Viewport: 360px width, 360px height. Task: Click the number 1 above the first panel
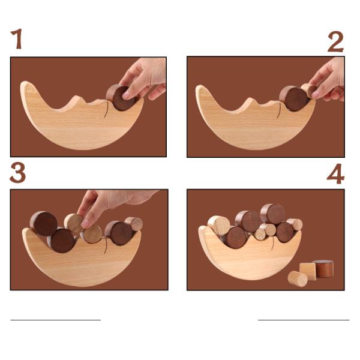(x=17, y=40)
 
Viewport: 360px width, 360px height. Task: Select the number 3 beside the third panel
(x=18, y=173)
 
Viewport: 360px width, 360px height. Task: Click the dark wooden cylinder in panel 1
(x=121, y=98)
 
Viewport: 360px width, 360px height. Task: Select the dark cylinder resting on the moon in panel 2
(x=293, y=98)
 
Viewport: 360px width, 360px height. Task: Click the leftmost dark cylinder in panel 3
(x=44, y=223)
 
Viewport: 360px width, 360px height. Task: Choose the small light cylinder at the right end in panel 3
(x=134, y=224)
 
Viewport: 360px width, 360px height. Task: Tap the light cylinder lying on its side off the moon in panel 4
(x=297, y=278)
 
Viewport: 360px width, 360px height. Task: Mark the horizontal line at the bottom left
(x=55, y=320)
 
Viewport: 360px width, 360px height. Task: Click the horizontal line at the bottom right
(x=303, y=320)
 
